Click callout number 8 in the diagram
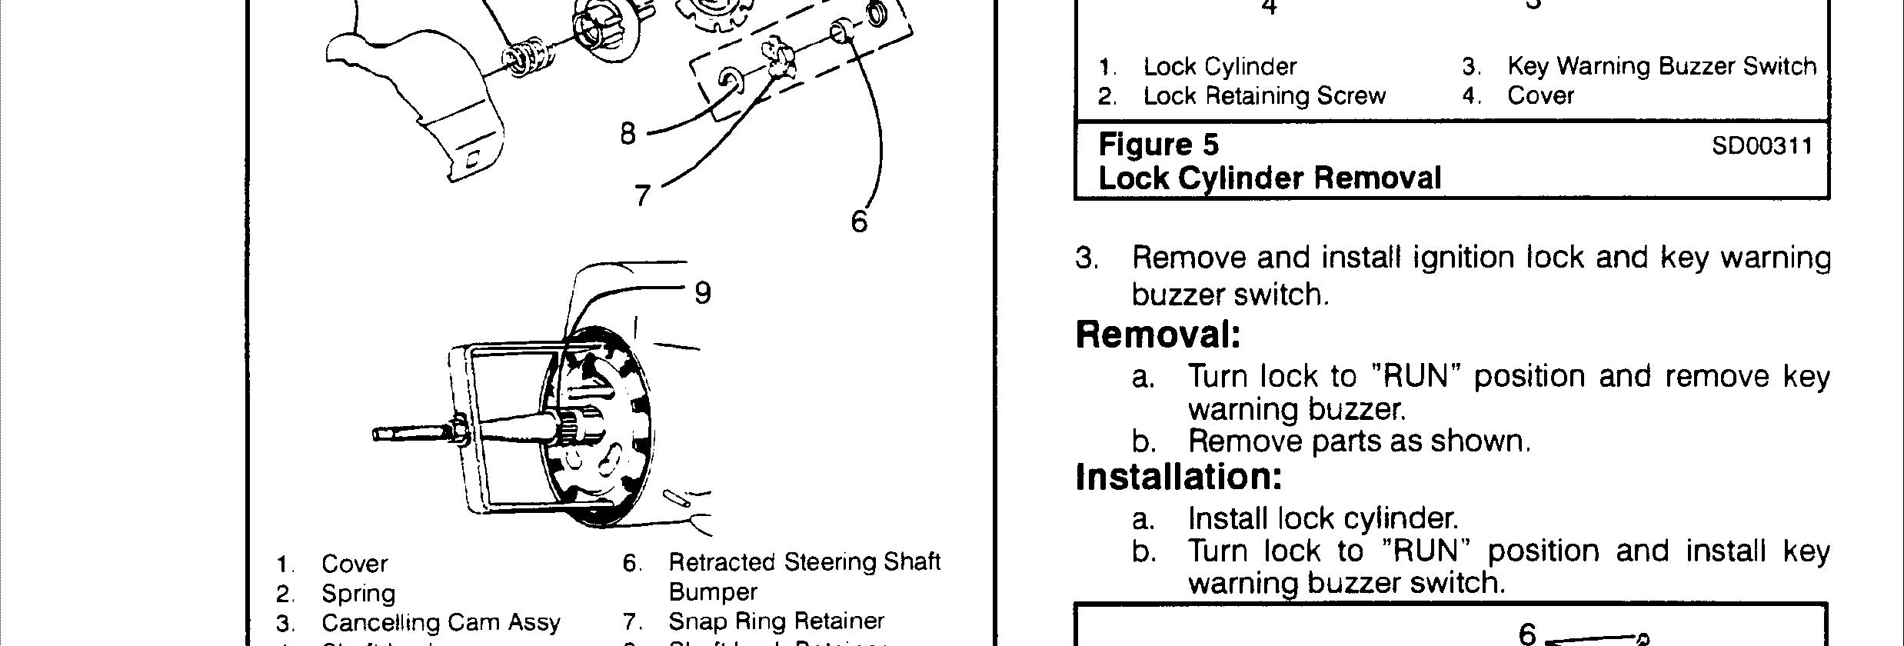coord(628,134)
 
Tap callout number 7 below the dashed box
coord(643,195)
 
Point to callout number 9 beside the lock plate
coord(702,293)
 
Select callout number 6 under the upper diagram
coord(859,222)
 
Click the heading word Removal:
coord(1158,335)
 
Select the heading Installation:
coord(1179,476)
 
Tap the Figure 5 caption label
coord(1158,145)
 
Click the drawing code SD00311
coord(1762,146)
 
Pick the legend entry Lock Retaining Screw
coord(1264,96)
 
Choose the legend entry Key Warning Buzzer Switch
coord(1661,66)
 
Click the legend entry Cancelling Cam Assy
coord(441,622)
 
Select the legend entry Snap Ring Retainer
coord(776,621)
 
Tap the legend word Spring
coord(358,594)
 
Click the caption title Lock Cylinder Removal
coord(1270,178)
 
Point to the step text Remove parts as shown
coord(1359,441)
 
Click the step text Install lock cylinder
coord(1323,519)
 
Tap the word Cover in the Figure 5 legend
coord(1540,96)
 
